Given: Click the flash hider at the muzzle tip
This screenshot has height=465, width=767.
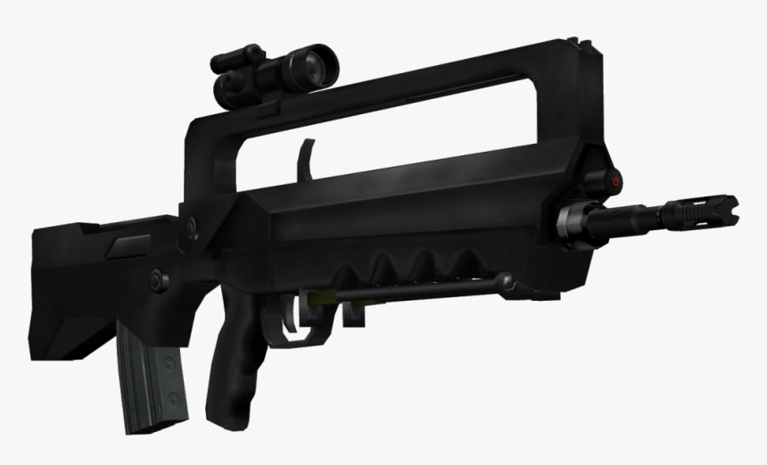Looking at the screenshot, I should point(709,210).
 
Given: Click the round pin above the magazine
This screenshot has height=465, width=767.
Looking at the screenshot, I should point(160,278).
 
